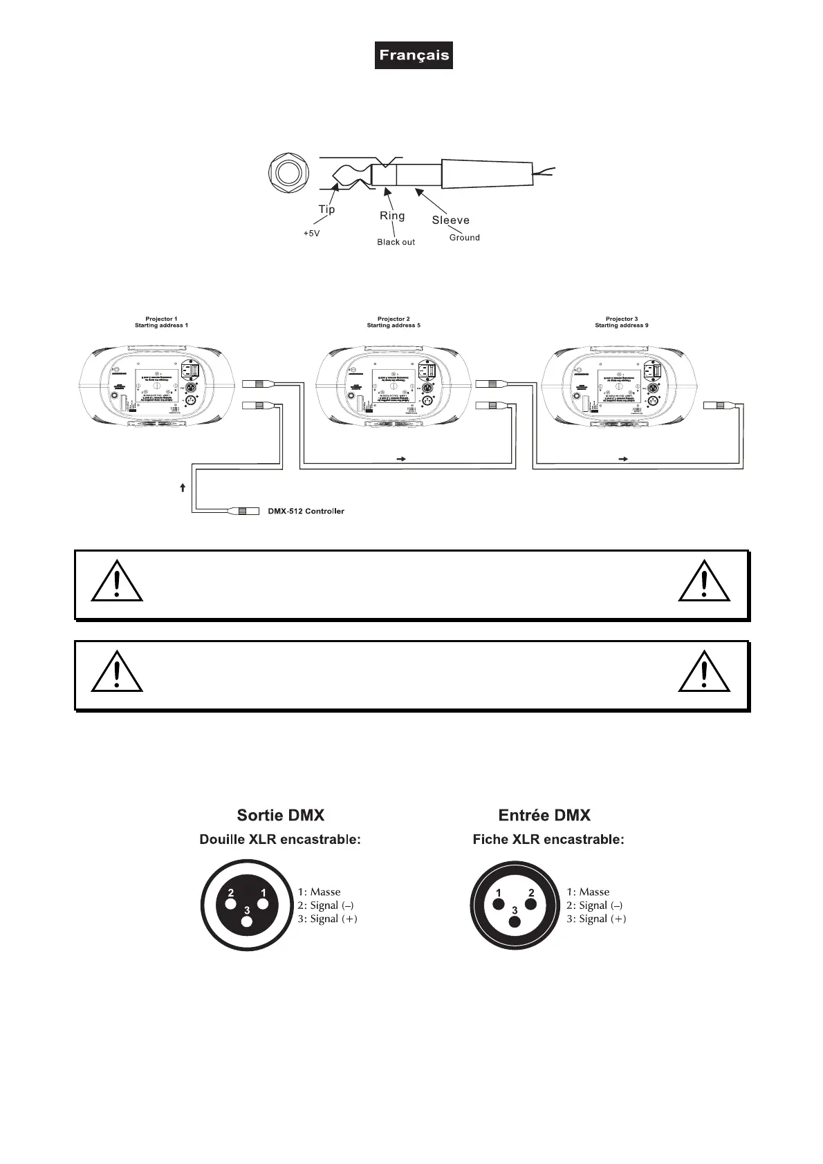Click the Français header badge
tap(414, 55)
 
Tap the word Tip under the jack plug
tap(326, 209)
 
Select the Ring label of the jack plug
tap(392, 216)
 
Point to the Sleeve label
tap(451, 220)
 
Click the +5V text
tap(312, 234)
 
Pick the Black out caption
tap(396, 242)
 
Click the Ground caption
tap(464, 237)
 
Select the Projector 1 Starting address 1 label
tap(161, 322)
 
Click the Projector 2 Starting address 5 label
tap(394, 322)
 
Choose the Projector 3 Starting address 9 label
tap(622, 322)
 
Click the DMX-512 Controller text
tap(306, 511)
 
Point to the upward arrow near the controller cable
tap(183, 488)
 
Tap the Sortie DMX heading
tap(280, 815)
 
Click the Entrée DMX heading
tap(544, 815)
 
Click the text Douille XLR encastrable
tap(280, 840)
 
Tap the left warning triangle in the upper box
tap(117, 582)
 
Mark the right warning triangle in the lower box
tap(704, 673)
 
